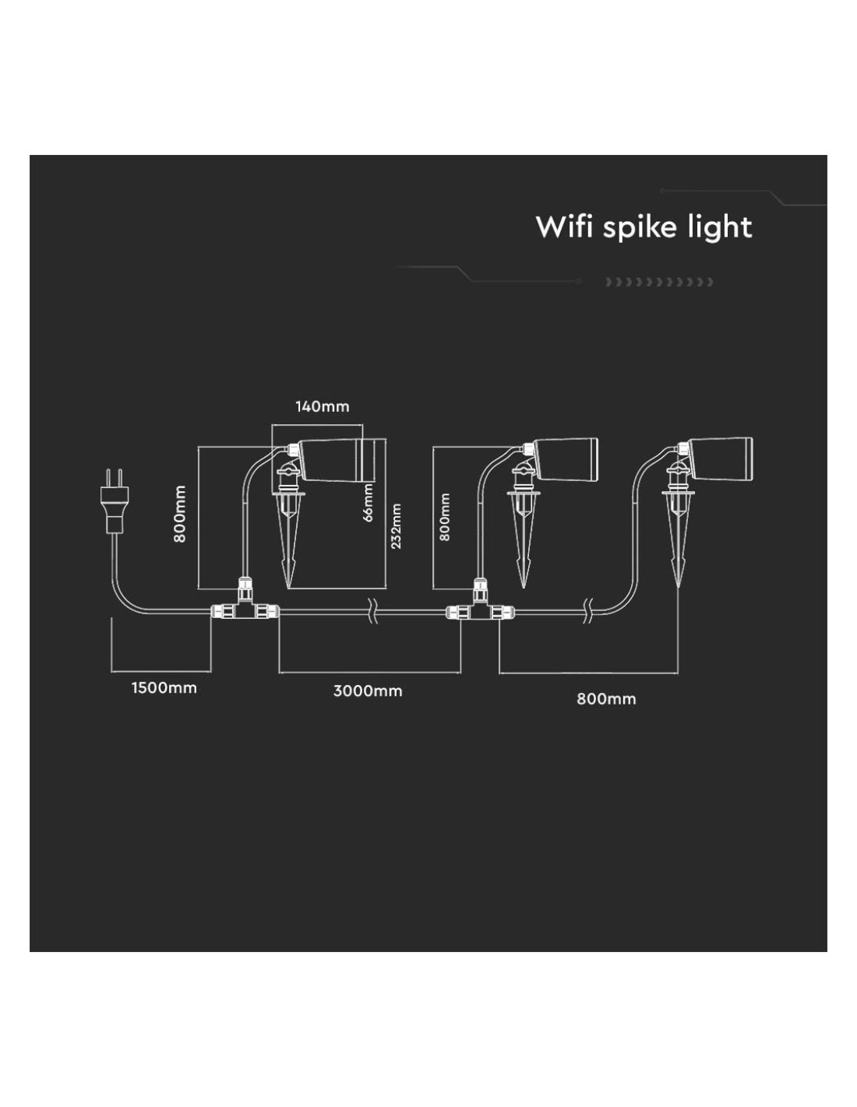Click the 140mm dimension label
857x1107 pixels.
(323, 406)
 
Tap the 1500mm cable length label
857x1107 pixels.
(164, 687)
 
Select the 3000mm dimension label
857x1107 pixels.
(368, 691)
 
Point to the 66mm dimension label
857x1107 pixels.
(368, 502)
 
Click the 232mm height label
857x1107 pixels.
(396, 526)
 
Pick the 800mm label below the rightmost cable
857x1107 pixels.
(606, 699)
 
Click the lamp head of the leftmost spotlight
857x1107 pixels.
(337, 459)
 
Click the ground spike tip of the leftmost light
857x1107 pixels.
(289, 588)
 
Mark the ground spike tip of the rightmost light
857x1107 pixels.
(678, 588)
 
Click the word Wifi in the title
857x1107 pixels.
(564, 227)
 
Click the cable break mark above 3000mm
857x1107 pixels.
(373, 610)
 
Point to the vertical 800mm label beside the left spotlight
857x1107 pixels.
(180, 514)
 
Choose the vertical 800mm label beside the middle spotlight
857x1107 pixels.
(445, 517)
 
